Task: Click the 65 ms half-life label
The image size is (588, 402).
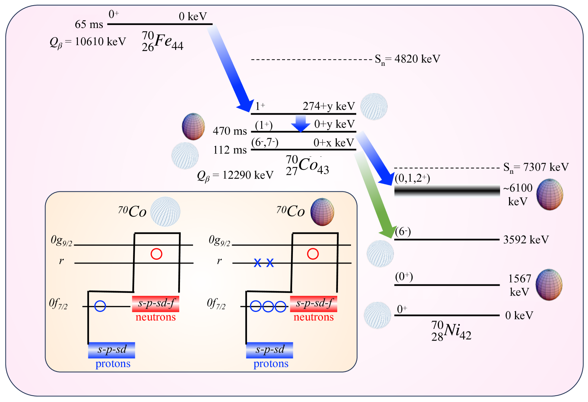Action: (89, 25)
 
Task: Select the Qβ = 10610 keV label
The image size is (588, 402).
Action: (88, 42)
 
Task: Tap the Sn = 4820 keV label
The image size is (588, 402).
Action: (408, 59)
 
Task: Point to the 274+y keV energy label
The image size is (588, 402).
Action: (329, 106)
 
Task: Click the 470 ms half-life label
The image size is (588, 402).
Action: (230, 131)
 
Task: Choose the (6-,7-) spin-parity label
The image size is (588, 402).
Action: (265, 143)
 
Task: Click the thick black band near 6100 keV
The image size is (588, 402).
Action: (447, 191)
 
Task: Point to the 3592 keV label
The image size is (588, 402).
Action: (526, 240)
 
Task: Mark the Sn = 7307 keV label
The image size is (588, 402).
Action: (536, 167)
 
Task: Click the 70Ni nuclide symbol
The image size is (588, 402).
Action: (451, 331)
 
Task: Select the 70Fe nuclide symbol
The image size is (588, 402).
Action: (162, 41)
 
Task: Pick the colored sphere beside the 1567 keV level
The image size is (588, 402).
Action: (549, 284)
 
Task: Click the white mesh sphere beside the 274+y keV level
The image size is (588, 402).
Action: (374, 107)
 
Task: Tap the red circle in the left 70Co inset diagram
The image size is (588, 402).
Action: (157, 254)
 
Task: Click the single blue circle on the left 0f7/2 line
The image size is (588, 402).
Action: (100, 306)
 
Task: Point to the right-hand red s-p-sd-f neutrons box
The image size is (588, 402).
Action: (313, 304)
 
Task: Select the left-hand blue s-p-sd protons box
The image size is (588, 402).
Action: (111, 350)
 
